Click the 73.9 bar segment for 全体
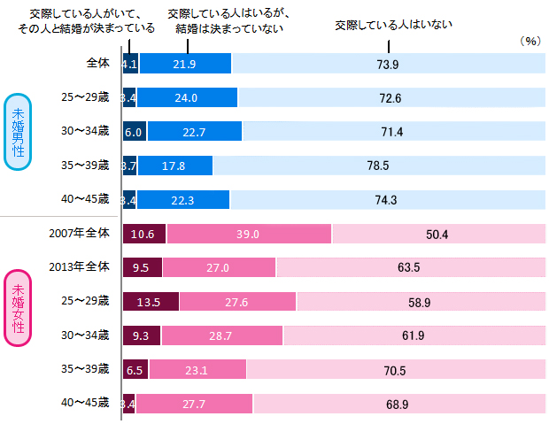click(x=385, y=64)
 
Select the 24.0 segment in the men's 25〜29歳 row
click(x=188, y=97)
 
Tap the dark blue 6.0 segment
click(x=134, y=131)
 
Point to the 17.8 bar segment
click(x=174, y=166)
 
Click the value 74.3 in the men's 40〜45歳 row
click(x=385, y=199)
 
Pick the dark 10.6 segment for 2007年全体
click(x=143, y=234)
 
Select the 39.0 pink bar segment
click(x=248, y=234)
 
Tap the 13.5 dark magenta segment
click(x=150, y=302)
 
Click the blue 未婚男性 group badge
click(x=19, y=132)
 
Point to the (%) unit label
click(x=530, y=41)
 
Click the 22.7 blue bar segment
click(x=194, y=131)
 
